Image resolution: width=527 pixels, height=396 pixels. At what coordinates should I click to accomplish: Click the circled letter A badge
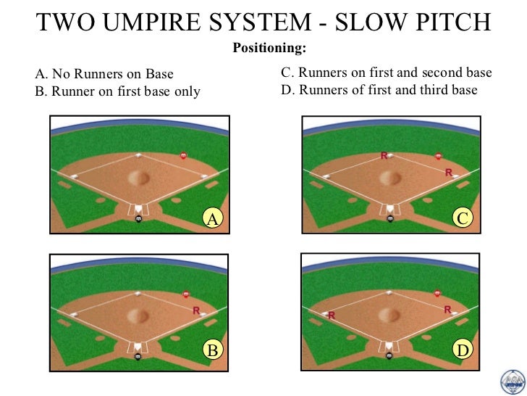coord(212,217)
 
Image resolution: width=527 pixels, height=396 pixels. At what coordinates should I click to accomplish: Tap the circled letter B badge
coord(212,350)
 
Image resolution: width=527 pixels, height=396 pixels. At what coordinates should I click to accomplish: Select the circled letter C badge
coord(462,217)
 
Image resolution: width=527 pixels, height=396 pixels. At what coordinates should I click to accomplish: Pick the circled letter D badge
coord(462,351)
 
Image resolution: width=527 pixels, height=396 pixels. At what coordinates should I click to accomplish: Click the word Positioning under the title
coord(268,48)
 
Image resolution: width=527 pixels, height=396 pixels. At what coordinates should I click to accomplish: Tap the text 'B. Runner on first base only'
coord(118,91)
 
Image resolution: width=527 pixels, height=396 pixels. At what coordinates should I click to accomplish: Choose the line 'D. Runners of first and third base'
coord(378,90)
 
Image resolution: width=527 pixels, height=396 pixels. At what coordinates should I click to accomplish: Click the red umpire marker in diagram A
coord(183,156)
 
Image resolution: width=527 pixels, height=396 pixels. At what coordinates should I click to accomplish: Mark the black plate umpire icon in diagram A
coord(138,219)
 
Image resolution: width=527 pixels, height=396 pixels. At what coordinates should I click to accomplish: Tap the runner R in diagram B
coord(196,310)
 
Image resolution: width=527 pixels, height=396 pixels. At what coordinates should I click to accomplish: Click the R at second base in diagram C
coord(384,155)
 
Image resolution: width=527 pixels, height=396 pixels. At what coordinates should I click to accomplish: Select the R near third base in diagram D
coord(332,315)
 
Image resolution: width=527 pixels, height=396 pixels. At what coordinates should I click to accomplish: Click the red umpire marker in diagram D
coord(437,294)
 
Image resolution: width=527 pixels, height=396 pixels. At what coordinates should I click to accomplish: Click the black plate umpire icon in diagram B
coord(138,355)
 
